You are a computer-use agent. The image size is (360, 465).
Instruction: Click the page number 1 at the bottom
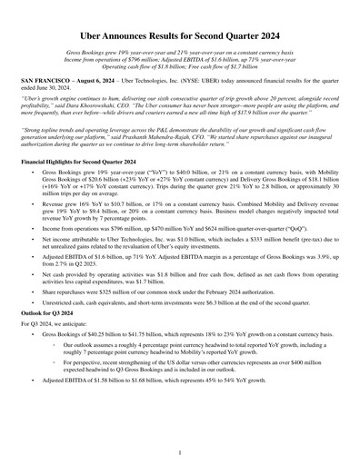180,451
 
